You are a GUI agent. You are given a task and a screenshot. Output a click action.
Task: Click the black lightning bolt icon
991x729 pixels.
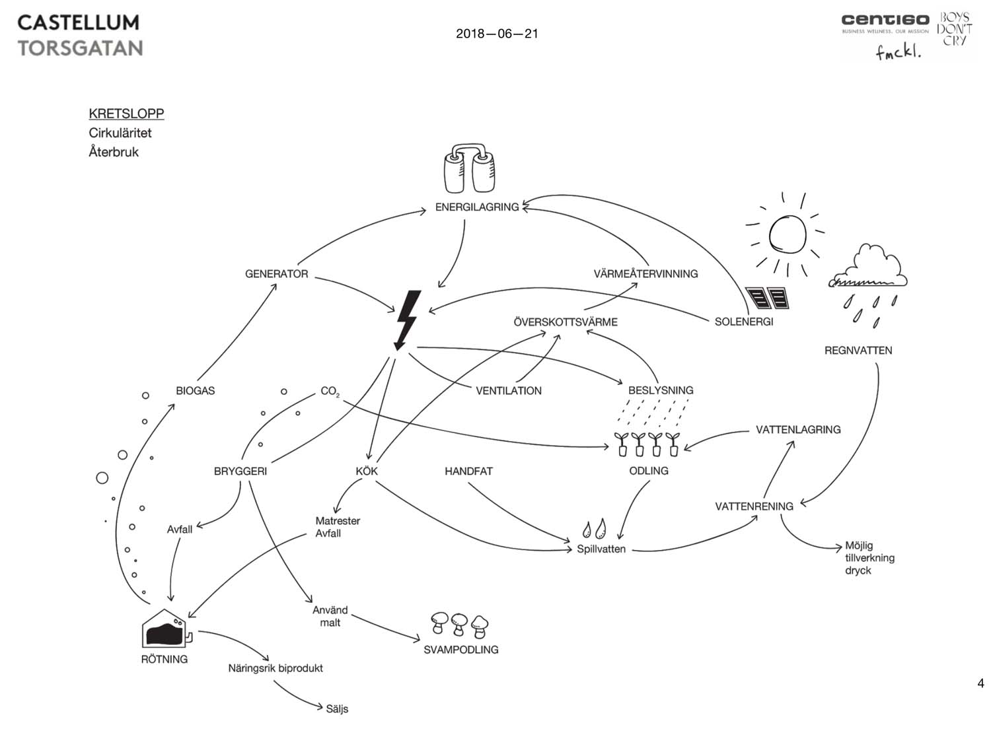(406, 320)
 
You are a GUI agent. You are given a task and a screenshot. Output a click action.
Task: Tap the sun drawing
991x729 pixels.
(788, 234)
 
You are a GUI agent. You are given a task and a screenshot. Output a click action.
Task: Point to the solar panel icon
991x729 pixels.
(767, 298)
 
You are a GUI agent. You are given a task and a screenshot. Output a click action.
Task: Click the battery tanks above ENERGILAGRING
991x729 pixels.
(470, 169)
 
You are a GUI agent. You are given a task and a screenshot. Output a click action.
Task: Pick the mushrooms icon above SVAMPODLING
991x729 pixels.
(460, 624)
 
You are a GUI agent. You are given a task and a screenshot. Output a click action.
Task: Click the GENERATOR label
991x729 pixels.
(276, 273)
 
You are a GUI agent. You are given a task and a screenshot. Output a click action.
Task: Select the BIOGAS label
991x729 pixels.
(195, 390)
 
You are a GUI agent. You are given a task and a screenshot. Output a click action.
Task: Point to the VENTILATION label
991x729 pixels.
(508, 390)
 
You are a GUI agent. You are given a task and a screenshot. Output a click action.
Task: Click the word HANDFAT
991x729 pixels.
(468, 471)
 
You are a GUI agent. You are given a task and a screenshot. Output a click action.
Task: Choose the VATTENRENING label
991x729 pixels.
(754, 506)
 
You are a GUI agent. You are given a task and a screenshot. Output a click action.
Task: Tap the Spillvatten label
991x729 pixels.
(601, 549)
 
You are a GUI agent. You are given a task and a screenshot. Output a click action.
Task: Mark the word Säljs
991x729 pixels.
(337, 709)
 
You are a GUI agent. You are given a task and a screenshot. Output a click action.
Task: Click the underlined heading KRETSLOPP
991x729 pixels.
(126, 114)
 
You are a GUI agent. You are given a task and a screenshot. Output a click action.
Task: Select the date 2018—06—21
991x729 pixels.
(497, 34)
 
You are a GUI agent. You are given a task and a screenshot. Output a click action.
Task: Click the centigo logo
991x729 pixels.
(885, 21)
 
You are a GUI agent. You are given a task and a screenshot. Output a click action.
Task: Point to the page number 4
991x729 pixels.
(980, 683)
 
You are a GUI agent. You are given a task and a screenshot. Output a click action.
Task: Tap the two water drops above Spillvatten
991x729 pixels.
(593, 529)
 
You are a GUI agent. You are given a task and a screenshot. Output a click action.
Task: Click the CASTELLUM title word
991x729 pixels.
(78, 22)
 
